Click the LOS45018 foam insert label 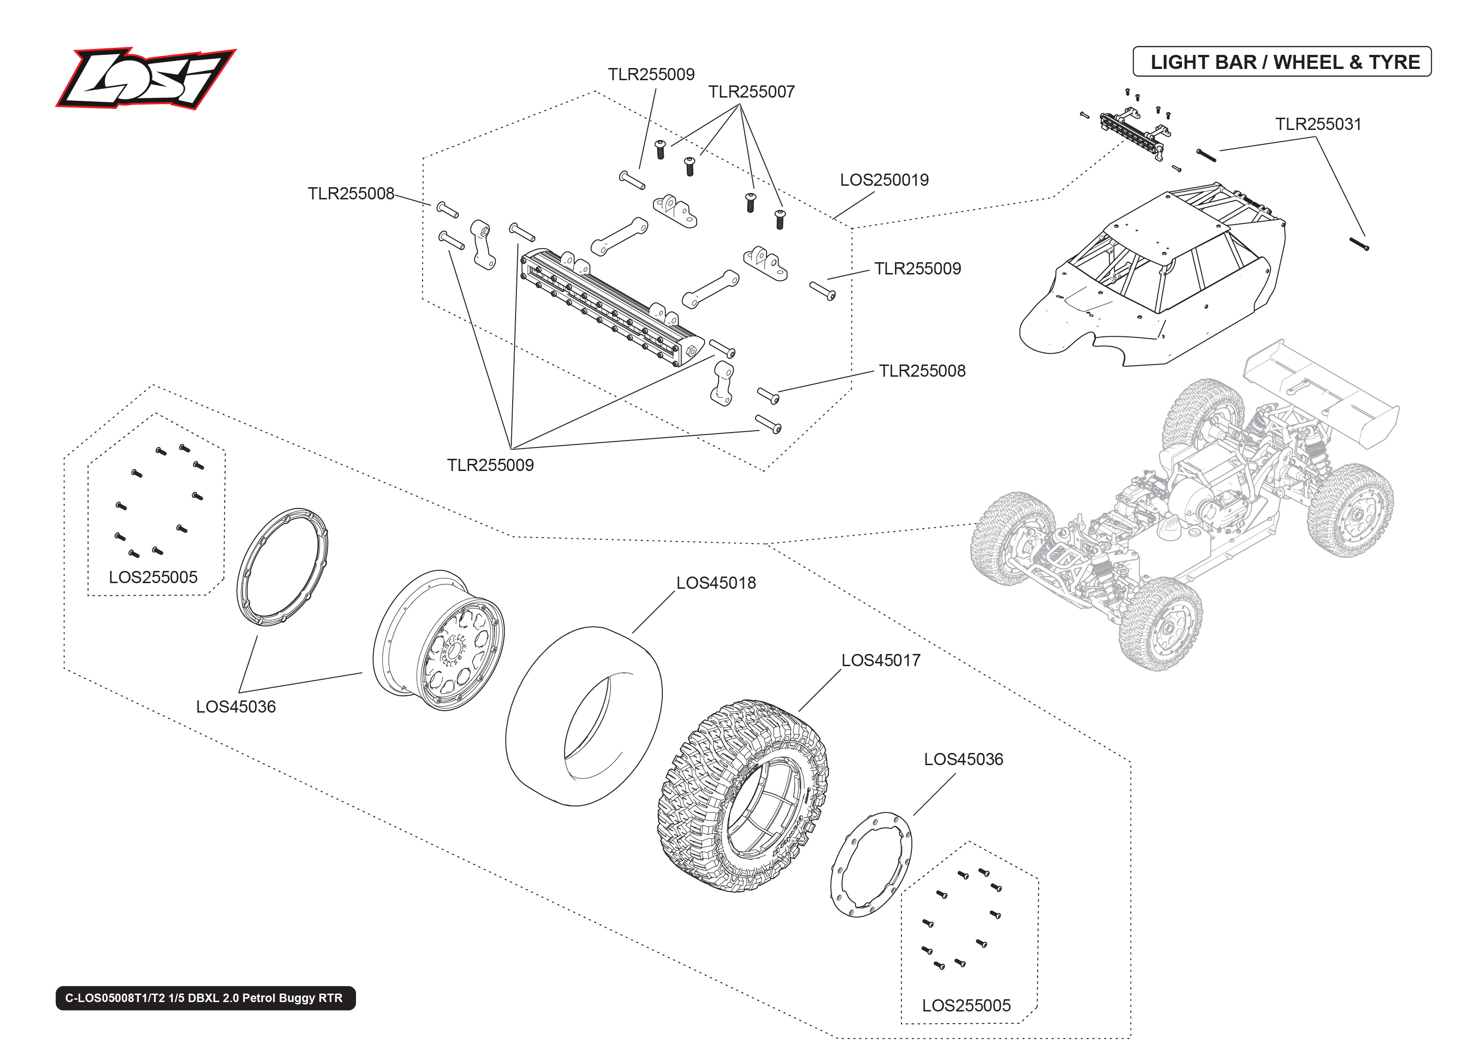716,583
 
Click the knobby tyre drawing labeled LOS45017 744,797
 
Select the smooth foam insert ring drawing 583,715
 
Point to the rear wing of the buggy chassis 1319,390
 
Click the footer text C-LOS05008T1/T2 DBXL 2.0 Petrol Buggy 205,997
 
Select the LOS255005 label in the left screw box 153,577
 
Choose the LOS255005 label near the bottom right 966,1005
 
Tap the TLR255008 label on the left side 350,194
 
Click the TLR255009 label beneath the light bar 490,465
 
